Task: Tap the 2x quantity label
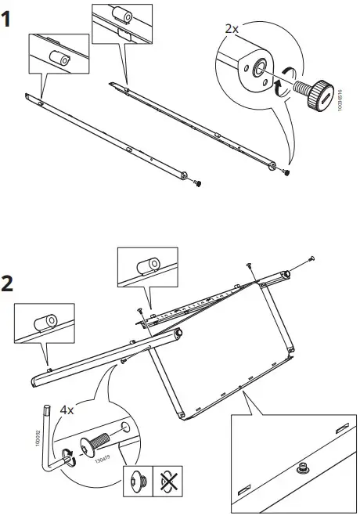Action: click(x=232, y=27)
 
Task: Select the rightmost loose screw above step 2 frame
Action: click(x=311, y=258)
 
